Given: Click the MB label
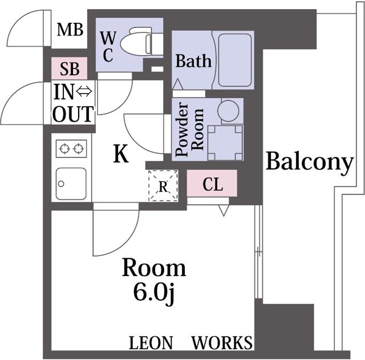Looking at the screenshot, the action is (70, 30).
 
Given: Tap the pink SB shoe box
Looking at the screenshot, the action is (70, 68).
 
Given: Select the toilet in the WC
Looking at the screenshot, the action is (141, 41).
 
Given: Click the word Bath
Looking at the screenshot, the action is (193, 61).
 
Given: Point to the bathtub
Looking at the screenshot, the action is (235, 60).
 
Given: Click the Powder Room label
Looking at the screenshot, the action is (189, 130).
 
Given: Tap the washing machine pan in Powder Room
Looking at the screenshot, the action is (225, 143).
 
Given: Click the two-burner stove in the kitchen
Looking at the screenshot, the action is (71, 148).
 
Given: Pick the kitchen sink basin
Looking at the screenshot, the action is (71, 184).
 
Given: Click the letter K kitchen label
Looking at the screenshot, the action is (121, 153).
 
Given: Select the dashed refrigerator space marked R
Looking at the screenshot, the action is (163, 185).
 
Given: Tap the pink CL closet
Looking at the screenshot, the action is (212, 183).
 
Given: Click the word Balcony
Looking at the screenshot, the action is (309, 161).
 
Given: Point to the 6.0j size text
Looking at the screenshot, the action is (154, 293).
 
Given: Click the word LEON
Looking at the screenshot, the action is (151, 343).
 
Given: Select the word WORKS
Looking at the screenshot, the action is (222, 343).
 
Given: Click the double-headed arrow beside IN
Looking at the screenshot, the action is (84, 91).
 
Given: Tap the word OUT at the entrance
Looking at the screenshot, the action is (73, 114).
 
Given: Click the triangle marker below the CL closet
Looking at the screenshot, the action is (224, 211).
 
